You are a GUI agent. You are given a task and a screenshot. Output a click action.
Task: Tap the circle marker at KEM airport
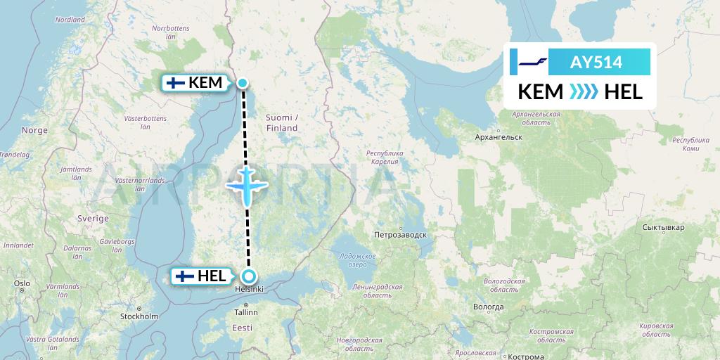[243, 83]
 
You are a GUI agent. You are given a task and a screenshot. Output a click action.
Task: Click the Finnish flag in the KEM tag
[174, 83]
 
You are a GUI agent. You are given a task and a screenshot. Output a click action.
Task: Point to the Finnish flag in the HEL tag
[184, 276]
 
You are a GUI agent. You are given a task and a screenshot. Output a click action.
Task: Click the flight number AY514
[596, 62]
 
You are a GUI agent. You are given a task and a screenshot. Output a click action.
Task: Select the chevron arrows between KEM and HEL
[583, 91]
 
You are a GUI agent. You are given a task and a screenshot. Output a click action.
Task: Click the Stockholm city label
[139, 316]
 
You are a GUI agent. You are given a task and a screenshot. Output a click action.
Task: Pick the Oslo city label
[21, 283]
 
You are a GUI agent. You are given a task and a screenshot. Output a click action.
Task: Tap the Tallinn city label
[247, 312]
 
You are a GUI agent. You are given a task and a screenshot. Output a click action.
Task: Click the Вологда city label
[488, 307]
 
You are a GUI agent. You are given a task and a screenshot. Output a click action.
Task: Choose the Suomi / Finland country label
[282, 122]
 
